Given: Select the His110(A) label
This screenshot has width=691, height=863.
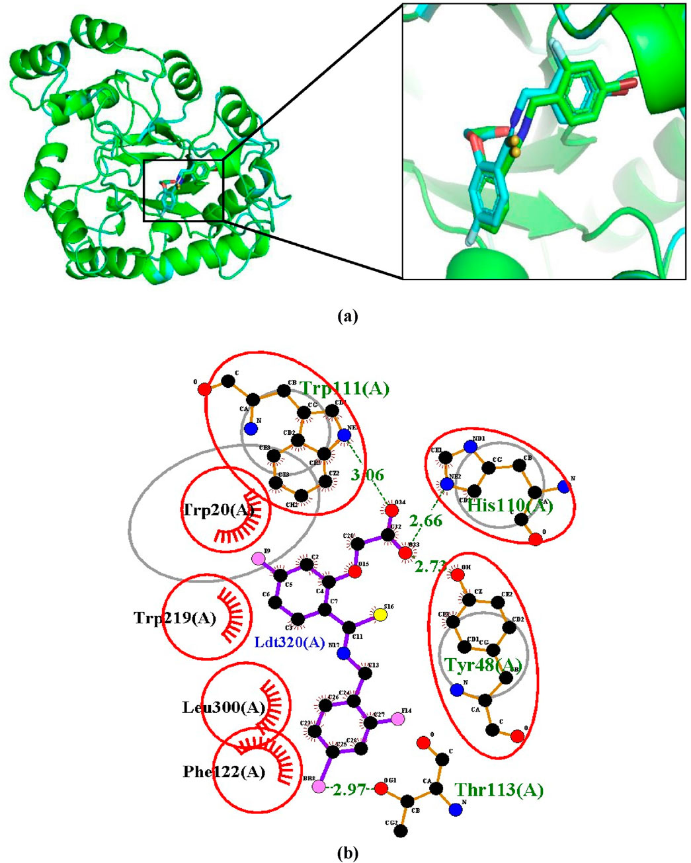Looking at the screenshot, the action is (509, 506).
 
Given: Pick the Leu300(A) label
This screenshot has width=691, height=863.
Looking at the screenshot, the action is (224, 708).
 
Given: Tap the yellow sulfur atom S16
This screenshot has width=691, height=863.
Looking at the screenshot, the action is (380, 615).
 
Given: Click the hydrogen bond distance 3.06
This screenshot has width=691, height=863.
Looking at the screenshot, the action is (368, 475).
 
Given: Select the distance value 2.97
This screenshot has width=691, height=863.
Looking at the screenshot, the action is (350, 789).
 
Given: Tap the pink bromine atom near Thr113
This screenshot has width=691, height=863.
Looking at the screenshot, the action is (319, 788).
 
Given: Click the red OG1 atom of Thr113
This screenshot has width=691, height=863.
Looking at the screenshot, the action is (381, 788).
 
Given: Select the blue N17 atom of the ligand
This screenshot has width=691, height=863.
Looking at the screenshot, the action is (343, 654).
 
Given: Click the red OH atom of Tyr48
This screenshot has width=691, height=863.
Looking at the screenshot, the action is (458, 574).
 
